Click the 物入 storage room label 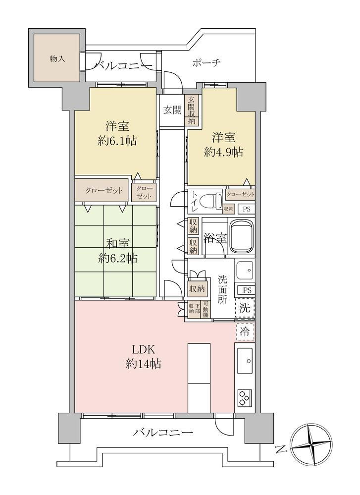pos(57,59)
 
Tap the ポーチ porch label pos(206,62)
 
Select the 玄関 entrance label pos(173,110)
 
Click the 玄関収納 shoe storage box pos(192,110)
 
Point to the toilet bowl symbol pos(215,200)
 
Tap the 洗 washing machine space pos(245,308)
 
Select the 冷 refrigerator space pos(245,331)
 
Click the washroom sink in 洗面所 pos(245,270)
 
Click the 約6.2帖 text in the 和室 pos(117,259)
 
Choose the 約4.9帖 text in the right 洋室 pos(223,153)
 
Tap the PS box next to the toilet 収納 pos(247,209)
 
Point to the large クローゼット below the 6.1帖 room pos(102,190)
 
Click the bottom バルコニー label pos(162,432)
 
